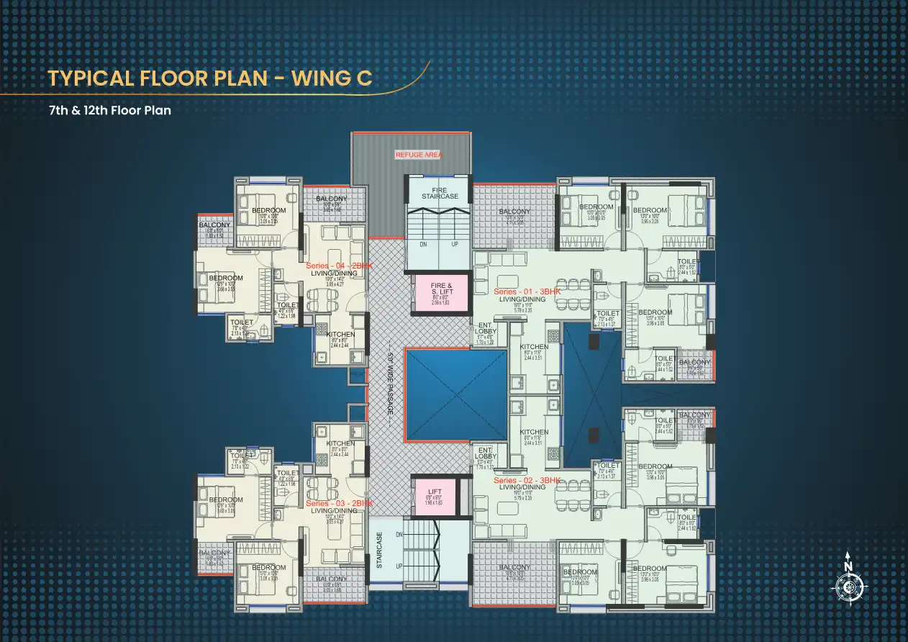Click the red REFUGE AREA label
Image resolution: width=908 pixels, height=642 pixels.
(x=419, y=155)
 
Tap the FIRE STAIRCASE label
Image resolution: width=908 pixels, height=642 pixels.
(x=439, y=194)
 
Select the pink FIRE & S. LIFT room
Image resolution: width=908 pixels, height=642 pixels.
(x=440, y=293)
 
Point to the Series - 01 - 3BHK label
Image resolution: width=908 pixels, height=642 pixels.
(x=527, y=291)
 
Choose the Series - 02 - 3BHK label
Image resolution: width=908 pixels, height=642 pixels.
(x=527, y=480)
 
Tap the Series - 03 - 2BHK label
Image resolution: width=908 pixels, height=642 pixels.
(x=339, y=503)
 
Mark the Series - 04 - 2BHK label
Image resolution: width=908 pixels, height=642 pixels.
(x=339, y=266)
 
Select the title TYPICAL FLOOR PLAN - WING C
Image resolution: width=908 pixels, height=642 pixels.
(x=209, y=78)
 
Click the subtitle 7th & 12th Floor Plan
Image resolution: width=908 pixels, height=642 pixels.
(x=109, y=111)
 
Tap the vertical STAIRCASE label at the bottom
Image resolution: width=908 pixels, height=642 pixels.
(x=380, y=551)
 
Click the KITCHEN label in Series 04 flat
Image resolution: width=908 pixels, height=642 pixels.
(x=340, y=335)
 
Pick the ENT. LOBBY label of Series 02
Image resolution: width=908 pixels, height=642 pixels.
(x=486, y=453)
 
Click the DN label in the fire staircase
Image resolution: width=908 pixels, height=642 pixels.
(x=424, y=244)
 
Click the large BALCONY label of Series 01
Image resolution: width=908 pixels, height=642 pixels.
(x=514, y=212)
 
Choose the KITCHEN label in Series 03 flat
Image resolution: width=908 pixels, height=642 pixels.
(x=340, y=443)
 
